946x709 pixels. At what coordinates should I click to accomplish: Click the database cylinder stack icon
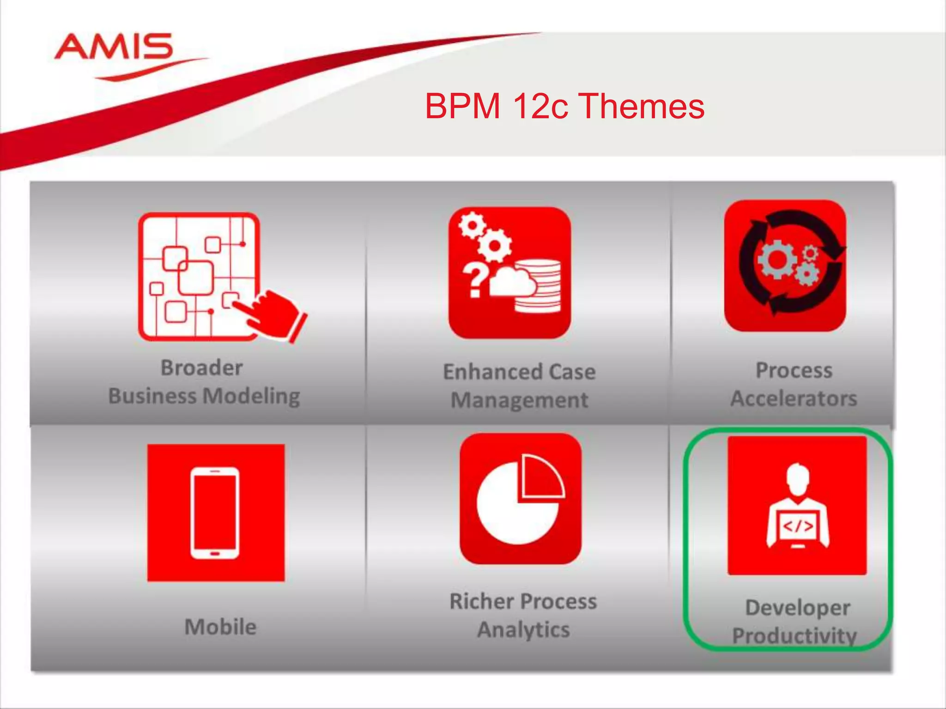(539, 286)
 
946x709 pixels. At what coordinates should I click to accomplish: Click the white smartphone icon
(215, 513)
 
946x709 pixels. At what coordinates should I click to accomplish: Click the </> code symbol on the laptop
(797, 526)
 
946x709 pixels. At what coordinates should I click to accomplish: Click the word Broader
(201, 368)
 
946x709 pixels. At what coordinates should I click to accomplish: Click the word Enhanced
(486, 372)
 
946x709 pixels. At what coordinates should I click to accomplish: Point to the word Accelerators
(794, 398)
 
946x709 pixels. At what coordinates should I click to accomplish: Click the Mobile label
(220, 627)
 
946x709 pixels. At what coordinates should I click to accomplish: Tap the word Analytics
(523, 630)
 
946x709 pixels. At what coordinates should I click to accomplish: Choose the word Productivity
(794, 636)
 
